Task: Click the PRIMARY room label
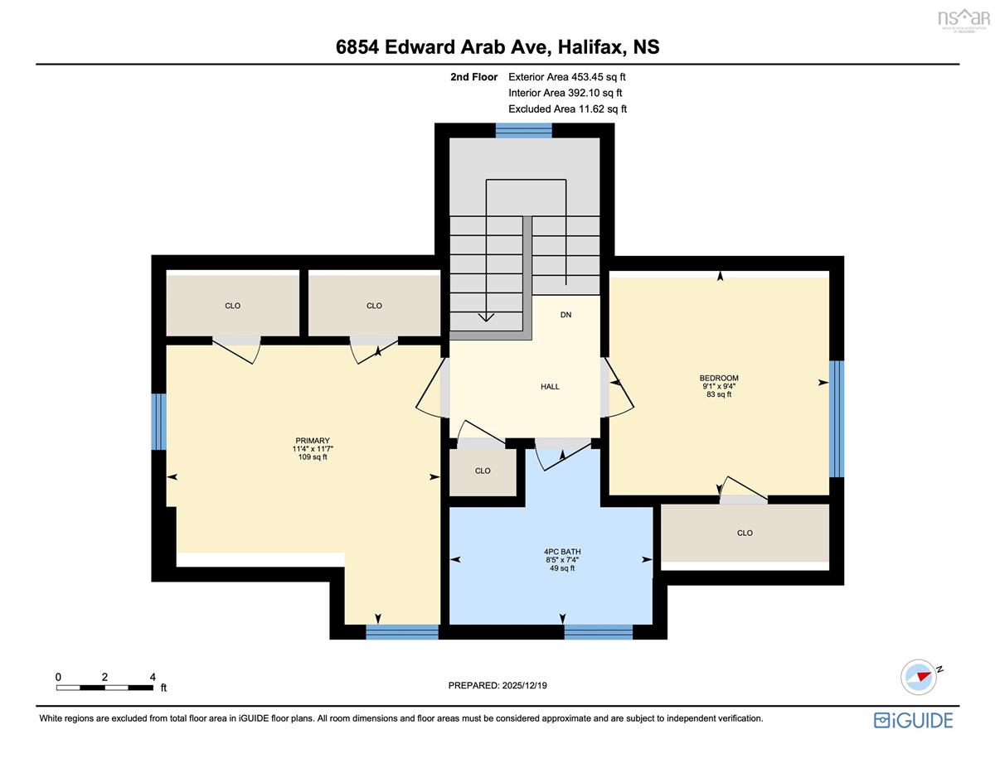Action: (x=313, y=441)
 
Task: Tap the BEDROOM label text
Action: (x=719, y=378)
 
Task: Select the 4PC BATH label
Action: (x=562, y=552)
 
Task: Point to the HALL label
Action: (x=550, y=387)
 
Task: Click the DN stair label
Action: (x=566, y=315)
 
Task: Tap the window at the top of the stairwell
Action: (x=524, y=130)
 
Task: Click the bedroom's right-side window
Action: (x=837, y=419)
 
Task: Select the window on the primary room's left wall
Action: (x=159, y=422)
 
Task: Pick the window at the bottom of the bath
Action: (x=599, y=631)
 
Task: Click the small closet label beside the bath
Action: (x=483, y=471)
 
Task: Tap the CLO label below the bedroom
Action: (x=745, y=533)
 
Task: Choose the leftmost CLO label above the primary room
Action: (x=233, y=306)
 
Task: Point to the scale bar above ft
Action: (x=104, y=688)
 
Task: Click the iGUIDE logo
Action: (x=914, y=721)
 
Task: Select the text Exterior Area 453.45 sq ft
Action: (x=567, y=77)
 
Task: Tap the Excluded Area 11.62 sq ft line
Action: (x=567, y=109)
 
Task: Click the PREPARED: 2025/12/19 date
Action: (x=498, y=685)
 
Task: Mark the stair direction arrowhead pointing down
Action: (x=486, y=317)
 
